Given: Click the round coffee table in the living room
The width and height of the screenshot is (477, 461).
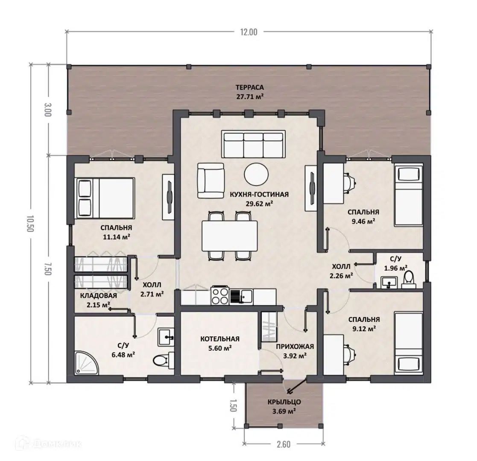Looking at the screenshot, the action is click(256, 174).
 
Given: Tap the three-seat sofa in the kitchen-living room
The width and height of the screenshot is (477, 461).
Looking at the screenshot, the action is click(253, 144).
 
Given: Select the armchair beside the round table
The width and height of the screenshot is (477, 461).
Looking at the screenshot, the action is click(211, 181).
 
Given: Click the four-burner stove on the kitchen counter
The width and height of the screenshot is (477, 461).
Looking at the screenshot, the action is click(220, 296).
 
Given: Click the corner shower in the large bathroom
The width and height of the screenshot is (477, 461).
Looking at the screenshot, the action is click(86, 363).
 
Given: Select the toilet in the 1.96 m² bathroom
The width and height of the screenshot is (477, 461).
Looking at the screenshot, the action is click(408, 280).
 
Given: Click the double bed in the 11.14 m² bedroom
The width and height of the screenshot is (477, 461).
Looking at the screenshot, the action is click(104, 198).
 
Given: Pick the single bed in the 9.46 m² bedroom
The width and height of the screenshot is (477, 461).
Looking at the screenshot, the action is click(408, 195).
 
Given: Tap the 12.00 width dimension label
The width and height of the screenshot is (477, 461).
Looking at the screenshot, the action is click(249, 32).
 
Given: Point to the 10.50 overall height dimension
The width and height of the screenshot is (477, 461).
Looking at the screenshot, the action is click(30, 224).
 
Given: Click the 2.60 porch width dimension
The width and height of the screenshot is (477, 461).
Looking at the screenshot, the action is click(284, 444).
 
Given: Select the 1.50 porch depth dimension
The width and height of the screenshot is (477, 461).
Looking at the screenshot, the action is click(233, 405).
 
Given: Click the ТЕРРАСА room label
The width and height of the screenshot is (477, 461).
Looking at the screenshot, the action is click(249, 88).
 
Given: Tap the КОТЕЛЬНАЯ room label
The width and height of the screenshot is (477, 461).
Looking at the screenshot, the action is click(220, 339).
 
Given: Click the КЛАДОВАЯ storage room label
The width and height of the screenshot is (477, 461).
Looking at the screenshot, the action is click(99, 295).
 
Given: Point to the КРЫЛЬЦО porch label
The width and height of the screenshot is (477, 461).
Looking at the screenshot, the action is click(284, 402).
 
